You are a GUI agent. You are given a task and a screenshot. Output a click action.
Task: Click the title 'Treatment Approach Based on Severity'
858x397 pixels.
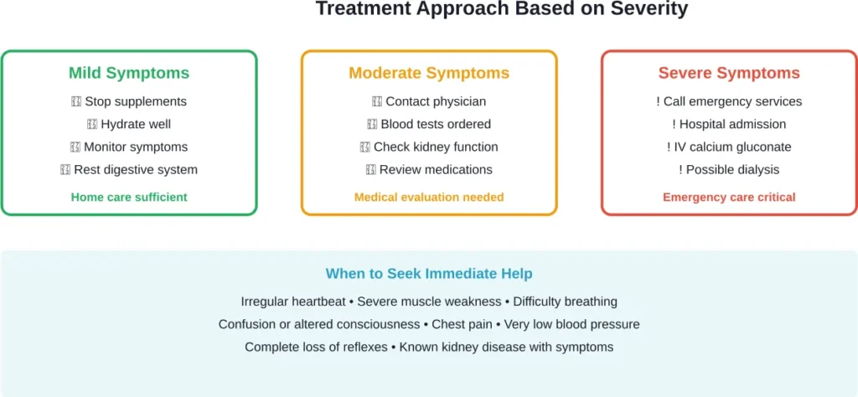(501, 9)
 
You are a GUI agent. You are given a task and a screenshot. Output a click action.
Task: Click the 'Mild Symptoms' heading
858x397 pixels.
(129, 73)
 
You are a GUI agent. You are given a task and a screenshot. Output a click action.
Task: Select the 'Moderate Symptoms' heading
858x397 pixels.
(429, 73)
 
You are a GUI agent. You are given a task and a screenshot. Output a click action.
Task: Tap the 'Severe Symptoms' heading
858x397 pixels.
(729, 73)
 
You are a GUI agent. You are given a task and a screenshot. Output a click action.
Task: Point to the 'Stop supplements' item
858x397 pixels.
(135, 101)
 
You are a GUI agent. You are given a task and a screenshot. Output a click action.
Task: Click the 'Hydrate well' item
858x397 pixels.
(135, 124)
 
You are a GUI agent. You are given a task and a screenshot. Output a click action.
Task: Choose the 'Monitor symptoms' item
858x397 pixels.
(135, 147)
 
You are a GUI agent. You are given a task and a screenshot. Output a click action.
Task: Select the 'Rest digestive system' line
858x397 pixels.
(135, 169)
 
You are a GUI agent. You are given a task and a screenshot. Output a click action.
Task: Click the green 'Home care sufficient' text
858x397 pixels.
(129, 197)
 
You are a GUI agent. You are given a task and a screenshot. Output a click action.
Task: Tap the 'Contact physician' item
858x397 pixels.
(435, 101)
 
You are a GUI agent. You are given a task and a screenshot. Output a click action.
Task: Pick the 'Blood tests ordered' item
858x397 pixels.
(435, 124)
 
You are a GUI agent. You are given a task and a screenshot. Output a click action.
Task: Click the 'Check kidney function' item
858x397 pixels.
(435, 147)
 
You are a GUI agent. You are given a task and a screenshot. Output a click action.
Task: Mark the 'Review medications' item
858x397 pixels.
(435, 169)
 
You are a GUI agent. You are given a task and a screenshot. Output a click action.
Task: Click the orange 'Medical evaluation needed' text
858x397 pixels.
(429, 197)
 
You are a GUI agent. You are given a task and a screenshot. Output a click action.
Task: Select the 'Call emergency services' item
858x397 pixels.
(731, 101)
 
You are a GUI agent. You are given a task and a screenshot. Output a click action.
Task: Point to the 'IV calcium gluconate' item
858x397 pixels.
(731, 147)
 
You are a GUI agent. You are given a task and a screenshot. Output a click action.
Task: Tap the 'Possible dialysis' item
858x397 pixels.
(731, 169)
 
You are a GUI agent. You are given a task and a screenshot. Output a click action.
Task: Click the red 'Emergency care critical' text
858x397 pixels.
(729, 197)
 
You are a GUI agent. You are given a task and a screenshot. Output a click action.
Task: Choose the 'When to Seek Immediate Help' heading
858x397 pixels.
(429, 274)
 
